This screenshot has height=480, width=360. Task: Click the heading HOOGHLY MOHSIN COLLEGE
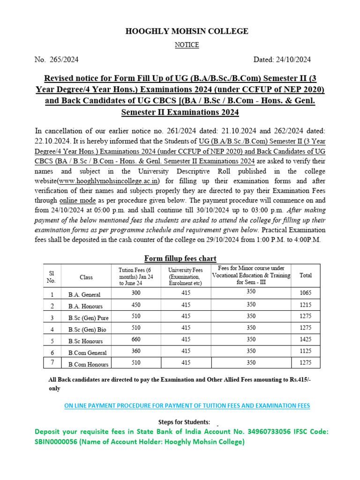pos(187,31)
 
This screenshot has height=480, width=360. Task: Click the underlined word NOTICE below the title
pos(187,45)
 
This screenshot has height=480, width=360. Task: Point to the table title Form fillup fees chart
pos(180,258)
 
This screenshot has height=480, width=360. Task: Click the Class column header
pos(86,277)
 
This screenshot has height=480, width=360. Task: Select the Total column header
pos(305,276)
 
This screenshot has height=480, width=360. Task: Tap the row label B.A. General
pos(84,294)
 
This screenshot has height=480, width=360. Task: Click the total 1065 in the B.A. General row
pos(305,293)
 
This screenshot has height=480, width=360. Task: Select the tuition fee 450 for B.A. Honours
pos(136,305)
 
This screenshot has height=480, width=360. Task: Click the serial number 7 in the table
pos(52,363)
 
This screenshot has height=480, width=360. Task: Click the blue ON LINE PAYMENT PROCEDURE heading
pos(187,405)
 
